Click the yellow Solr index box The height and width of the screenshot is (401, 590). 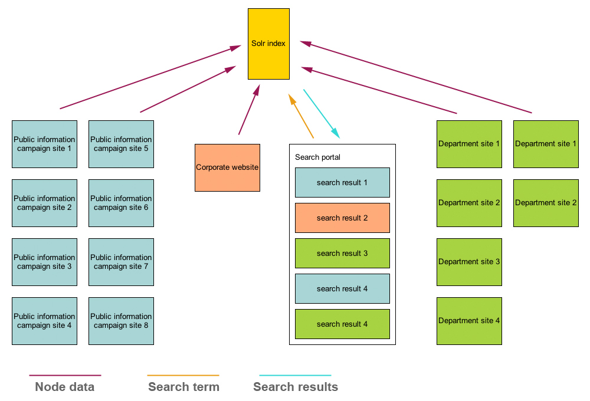[268, 44]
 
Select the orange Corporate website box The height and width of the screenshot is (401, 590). [227, 167]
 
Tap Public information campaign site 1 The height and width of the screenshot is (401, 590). [44, 144]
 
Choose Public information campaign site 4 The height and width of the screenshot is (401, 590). [44, 321]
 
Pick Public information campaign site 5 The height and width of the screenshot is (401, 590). [121, 144]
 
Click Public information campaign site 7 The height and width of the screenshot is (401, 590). [121, 262]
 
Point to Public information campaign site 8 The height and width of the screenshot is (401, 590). [121, 321]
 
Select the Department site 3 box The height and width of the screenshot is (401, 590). [469, 262]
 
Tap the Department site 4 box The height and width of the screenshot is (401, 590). [469, 321]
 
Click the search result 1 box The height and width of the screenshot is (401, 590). [342, 182]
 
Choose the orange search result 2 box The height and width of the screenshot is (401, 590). [342, 218]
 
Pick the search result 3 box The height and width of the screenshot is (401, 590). [342, 253]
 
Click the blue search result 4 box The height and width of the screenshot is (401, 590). [342, 288]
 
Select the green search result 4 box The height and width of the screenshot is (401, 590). [342, 324]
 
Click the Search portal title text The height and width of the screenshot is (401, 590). [317, 157]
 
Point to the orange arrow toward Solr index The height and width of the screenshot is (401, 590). [301, 116]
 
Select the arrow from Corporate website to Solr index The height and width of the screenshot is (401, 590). [248, 110]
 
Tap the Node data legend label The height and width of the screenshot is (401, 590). [64, 387]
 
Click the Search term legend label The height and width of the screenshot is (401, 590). [183, 387]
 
